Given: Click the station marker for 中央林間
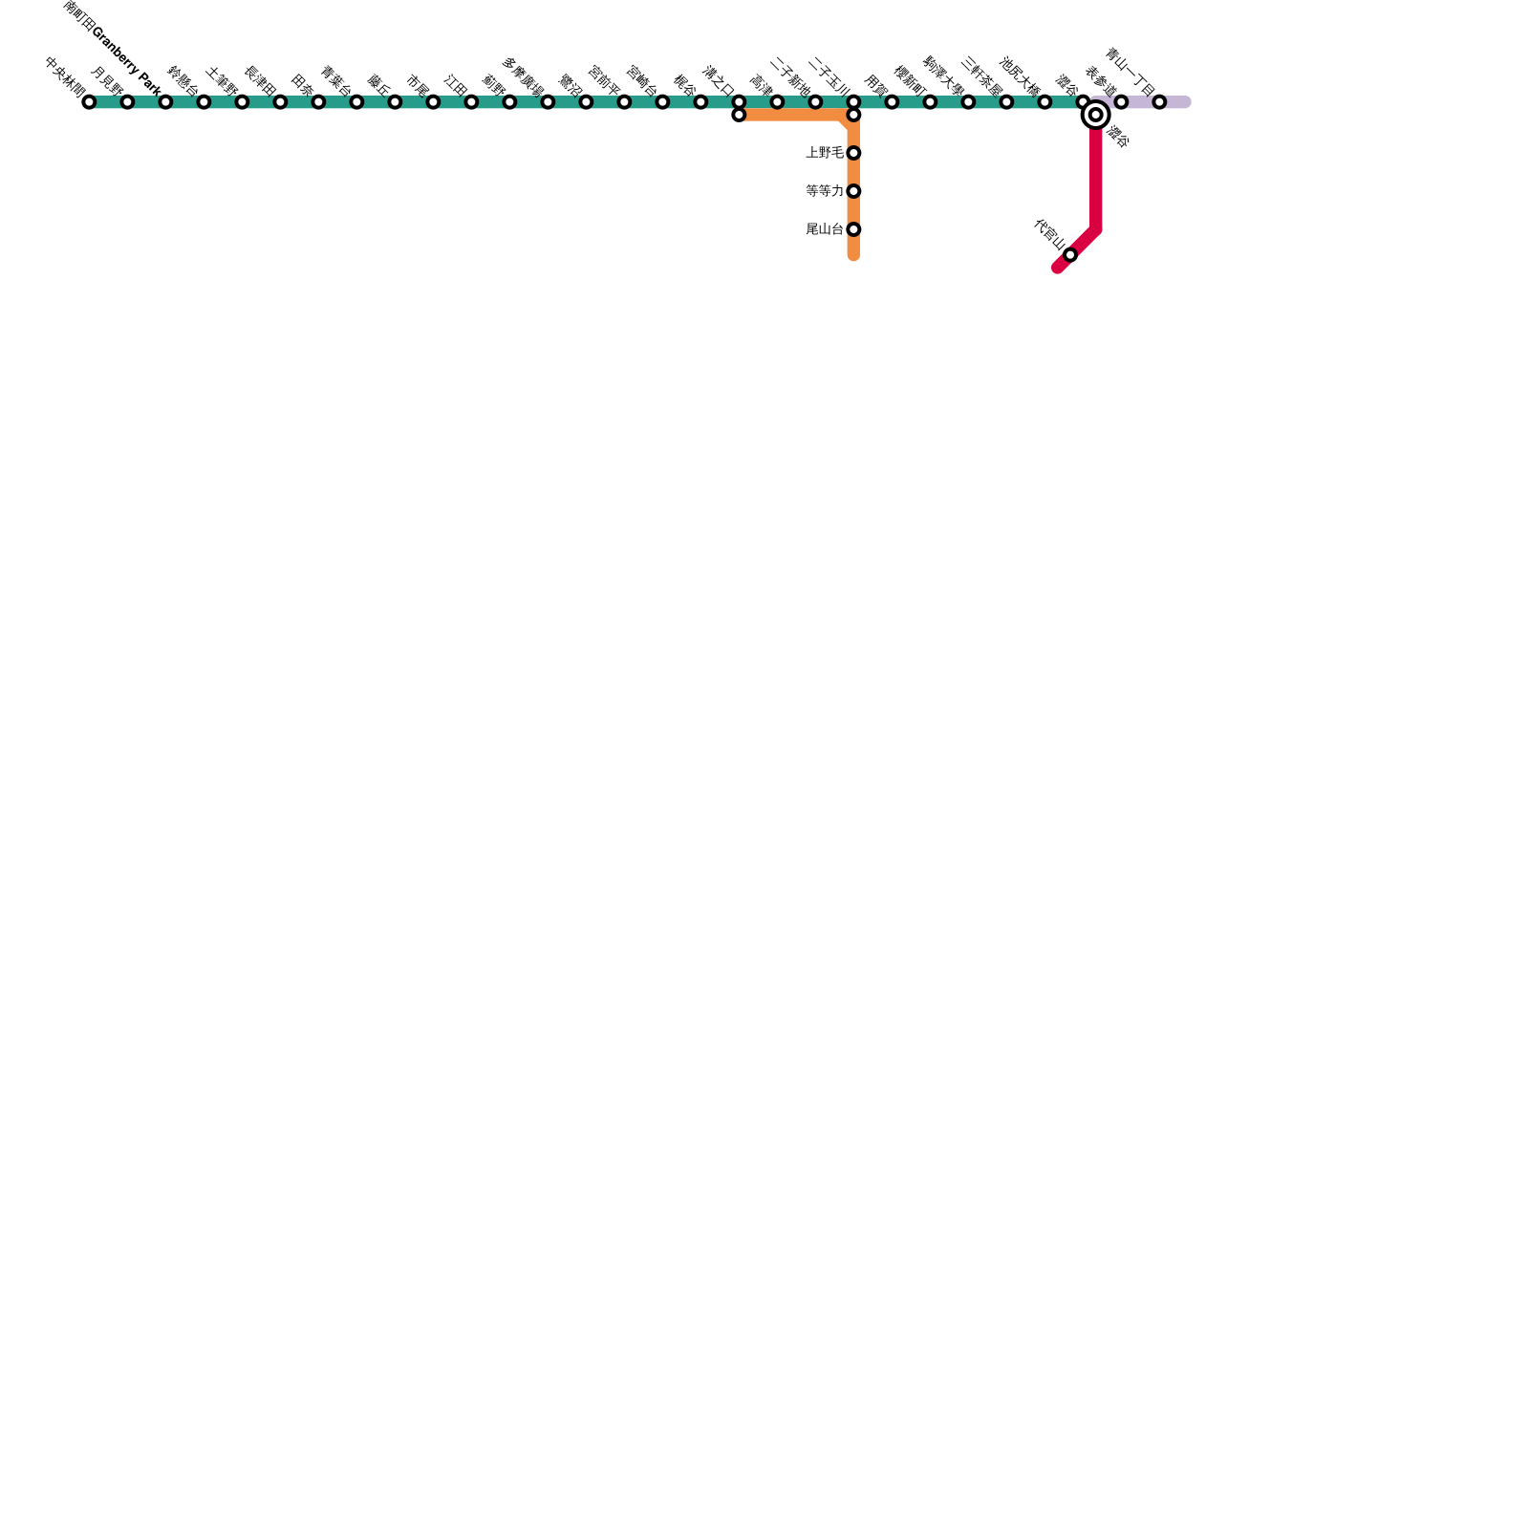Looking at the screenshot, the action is point(89,102).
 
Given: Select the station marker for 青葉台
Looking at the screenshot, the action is point(356,102).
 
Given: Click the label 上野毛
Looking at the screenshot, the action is point(825,153).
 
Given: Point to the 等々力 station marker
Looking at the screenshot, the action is point(853,191).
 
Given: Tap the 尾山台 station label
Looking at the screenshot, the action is point(825,229).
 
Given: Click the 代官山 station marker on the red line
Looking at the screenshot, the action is point(1070,255).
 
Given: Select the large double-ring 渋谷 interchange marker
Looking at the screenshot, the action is point(1096,116).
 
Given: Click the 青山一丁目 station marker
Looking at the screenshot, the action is point(1159,102).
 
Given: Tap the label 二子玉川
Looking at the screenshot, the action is point(829,77).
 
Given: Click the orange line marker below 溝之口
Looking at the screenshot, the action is point(739,116).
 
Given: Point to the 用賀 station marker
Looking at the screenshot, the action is point(892,102).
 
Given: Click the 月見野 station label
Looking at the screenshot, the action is point(107,82).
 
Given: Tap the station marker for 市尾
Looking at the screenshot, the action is point(433,102).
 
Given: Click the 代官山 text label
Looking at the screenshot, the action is point(1049,234).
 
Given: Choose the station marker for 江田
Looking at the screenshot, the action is point(471,102).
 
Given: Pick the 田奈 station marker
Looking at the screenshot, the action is point(318,102).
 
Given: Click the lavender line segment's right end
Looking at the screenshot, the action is point(1186,102).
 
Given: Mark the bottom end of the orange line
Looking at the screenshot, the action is point(853,256).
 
